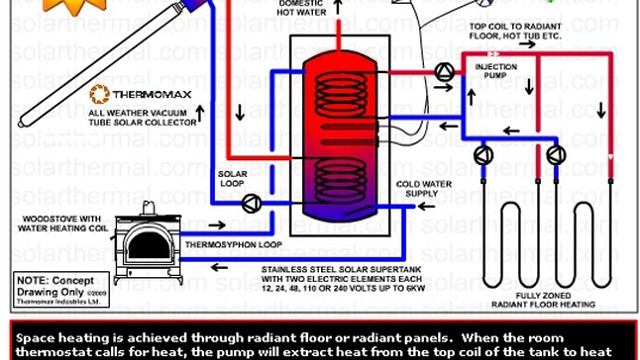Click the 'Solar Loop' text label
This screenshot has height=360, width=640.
point(233,178)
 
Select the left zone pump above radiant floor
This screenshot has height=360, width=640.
point(484,154)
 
